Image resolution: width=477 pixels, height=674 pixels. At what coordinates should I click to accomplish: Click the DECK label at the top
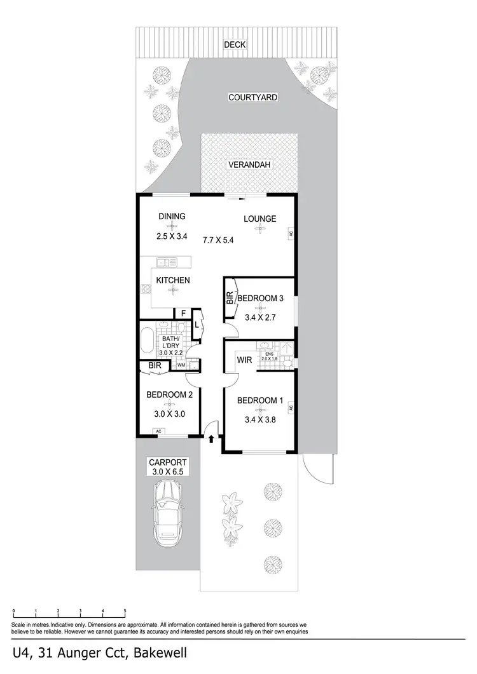tap(235, 44)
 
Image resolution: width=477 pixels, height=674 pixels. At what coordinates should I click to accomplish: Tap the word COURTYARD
tap(254, 98)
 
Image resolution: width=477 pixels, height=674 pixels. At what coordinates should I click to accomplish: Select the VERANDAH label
tap(249, 165)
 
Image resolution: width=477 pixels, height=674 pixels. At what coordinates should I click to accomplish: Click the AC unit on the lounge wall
tap(291, 233)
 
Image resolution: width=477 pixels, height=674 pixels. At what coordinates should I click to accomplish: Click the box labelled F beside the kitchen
tap(183, 313)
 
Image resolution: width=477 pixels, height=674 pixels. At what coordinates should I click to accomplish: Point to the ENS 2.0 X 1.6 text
tap(273, 358)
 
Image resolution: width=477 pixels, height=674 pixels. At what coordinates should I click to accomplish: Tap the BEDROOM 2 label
tap(169, 394)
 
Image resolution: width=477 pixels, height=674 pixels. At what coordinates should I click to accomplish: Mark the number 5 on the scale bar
tap(125, 610)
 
